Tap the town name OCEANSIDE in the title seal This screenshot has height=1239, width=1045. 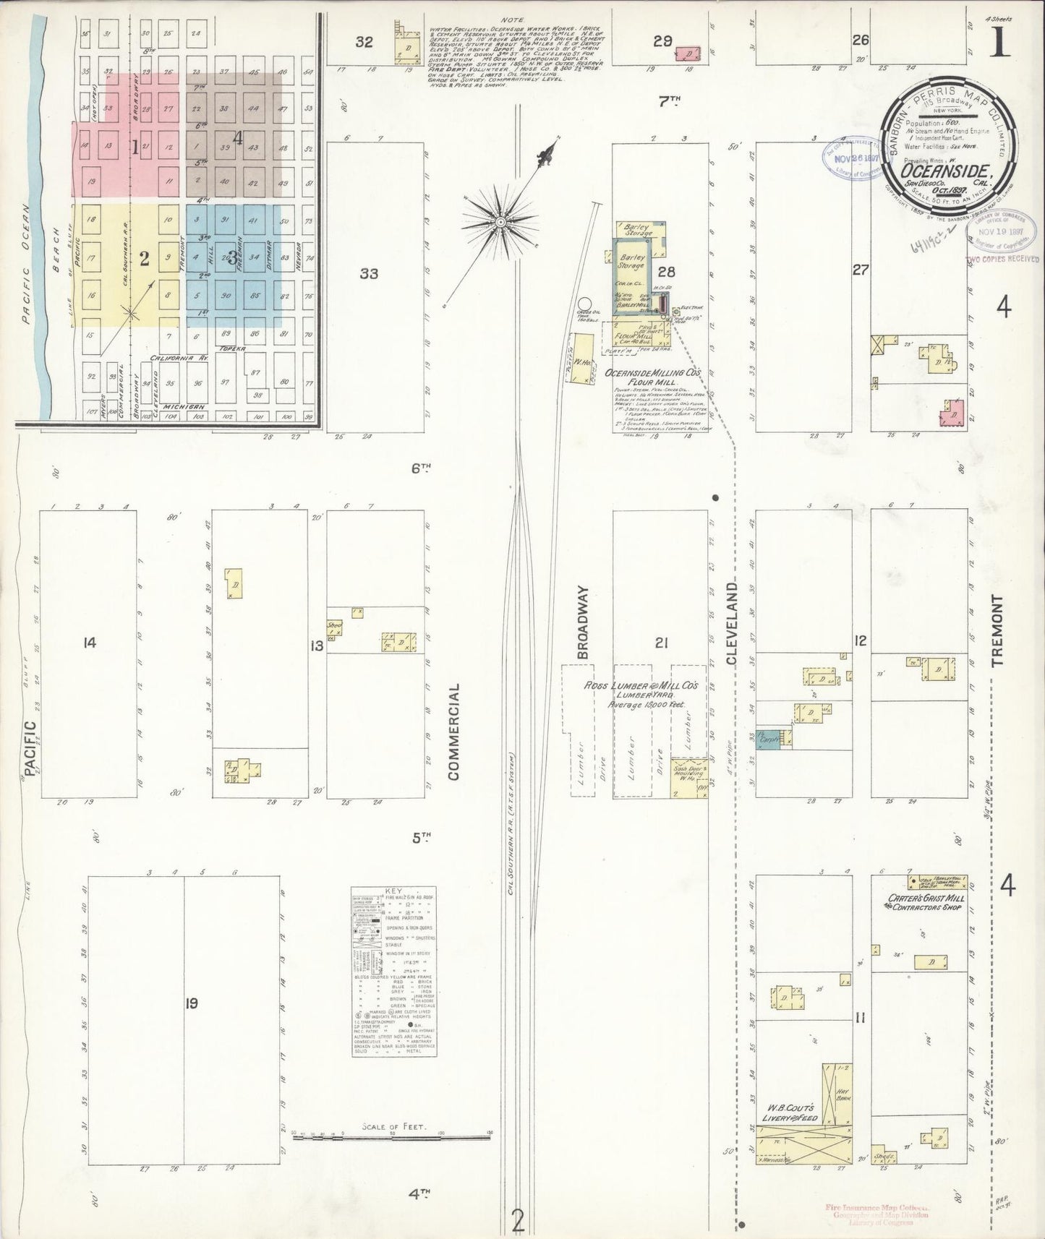(x=945, y=172)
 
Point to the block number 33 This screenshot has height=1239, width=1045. (x=369, y=273)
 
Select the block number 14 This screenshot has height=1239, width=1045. (x=89, y=642)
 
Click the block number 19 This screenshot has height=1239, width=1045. (x=191, y=1003)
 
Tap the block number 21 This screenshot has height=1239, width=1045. (x=660, y=642)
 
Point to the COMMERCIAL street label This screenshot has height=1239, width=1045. (x=454, y=732)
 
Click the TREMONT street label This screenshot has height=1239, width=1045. (x=999, y=630)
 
